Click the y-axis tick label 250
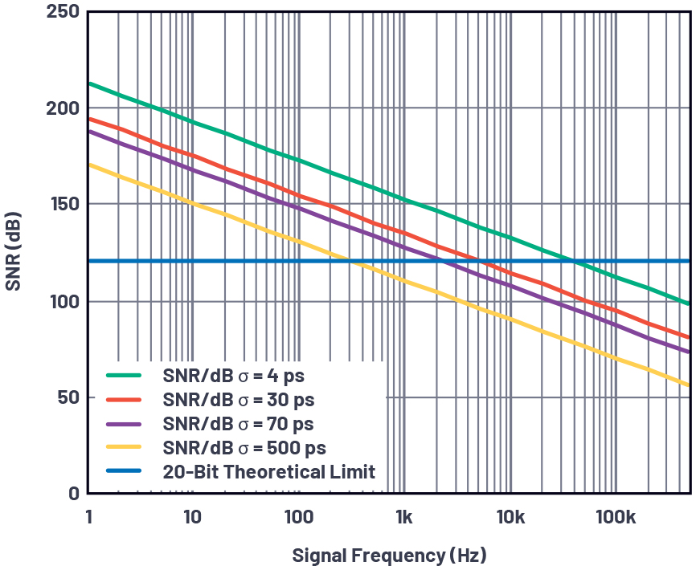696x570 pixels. [62, 12]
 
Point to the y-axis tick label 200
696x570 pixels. [62, 108]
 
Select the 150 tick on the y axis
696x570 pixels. [63, 205]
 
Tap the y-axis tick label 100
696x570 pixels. [63, 301]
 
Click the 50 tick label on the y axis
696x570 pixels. [68, 397]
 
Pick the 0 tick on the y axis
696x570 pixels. [73, 493]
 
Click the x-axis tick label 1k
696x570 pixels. [404, 518]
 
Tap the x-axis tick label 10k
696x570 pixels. [510, 518]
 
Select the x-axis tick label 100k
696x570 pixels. [616, 518]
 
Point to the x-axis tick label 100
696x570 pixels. [298, 518]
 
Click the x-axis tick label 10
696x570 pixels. [192, 518]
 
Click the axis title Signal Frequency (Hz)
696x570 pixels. [389, 555]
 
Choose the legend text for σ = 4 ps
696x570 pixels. [233, 375]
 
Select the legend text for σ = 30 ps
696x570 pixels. [238, 399]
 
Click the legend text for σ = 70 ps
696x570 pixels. [238, 423]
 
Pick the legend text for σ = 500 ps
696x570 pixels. [244, 447]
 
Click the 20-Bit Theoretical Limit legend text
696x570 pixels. [268, 471]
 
